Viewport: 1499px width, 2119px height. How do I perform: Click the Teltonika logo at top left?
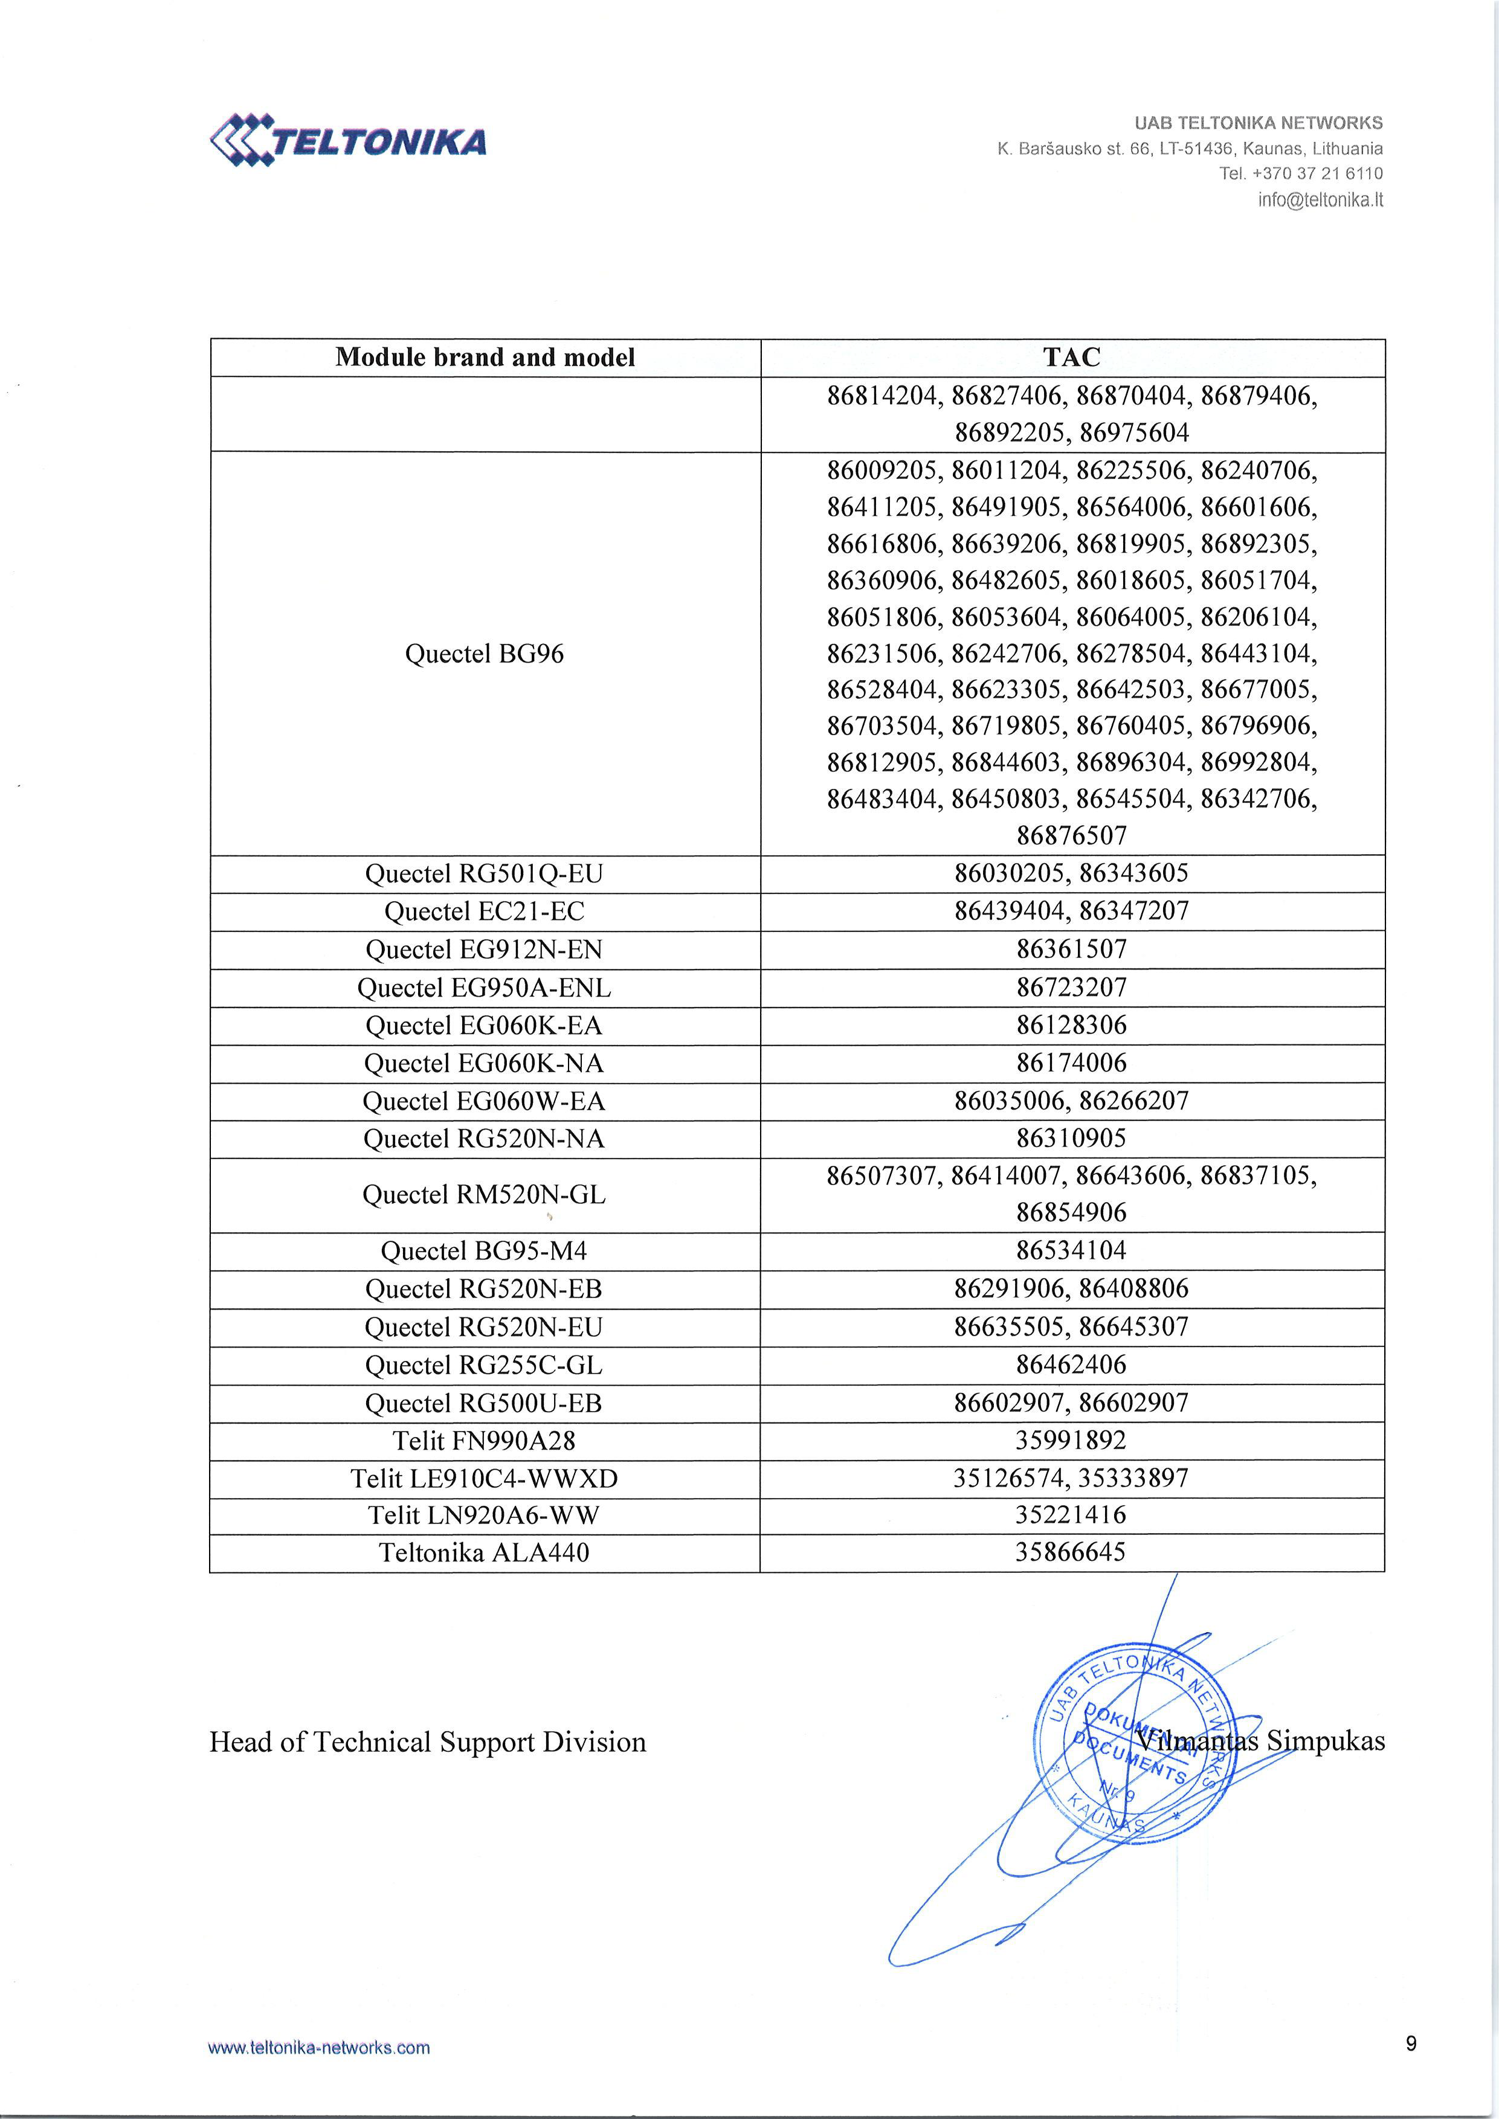(x=348, y=140)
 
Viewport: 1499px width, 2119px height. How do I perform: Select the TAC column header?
(x=1072, y=357)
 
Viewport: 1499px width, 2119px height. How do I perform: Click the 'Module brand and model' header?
(x=485, y=357)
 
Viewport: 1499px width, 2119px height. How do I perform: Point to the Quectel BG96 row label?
(x=484, y=654)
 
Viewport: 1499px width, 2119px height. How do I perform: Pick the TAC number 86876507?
(x=1072, y=835)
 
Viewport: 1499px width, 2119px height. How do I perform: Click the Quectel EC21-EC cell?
(x=484, y=911)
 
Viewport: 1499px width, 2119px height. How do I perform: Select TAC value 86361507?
(x=1072, y=949)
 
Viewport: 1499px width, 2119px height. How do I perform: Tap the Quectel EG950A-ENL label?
(x=484, y=988)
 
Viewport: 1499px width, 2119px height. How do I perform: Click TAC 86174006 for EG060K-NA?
(x=1072, y=1063)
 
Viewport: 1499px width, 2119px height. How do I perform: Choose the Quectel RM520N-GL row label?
(x=484, y=1194)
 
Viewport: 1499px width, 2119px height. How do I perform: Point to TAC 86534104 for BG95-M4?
(x=1072, y=1250)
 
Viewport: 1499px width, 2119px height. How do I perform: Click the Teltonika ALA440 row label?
(x=484, y=1552)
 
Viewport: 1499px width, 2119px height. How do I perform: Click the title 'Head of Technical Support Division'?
(x=427, y=1741)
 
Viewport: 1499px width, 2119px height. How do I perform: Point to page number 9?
(x=1410, y=2043)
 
